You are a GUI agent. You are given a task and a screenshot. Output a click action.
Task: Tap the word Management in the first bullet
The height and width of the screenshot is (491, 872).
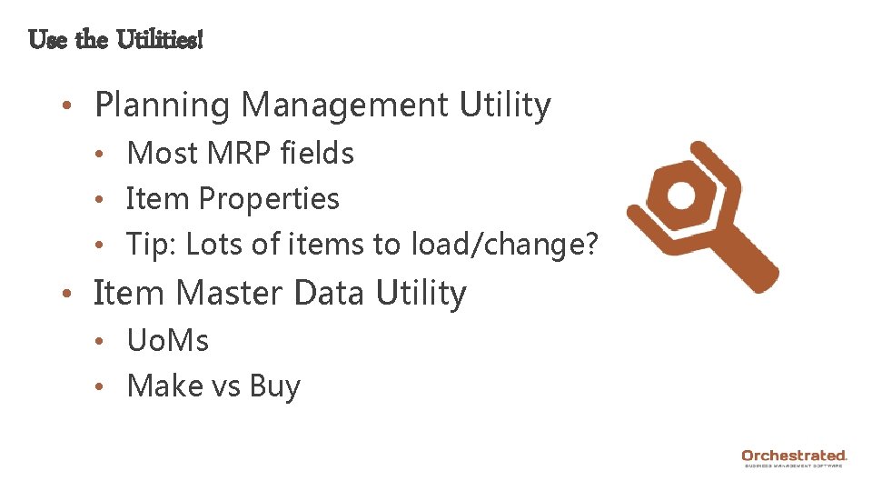pyautogui.click(x=345, y=105)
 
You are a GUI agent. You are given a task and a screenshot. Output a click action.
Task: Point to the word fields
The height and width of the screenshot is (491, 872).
pyautogui.click(x=318, y=153)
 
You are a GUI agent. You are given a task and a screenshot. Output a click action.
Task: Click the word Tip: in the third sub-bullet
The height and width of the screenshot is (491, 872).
pyautogui.click(x=150, y=245)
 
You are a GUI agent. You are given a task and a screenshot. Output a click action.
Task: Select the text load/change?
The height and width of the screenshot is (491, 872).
pyautogui.click(x=505, y=245)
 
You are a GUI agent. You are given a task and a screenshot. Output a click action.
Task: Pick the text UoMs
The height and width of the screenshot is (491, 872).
pyautogui.click(x=168, y=341)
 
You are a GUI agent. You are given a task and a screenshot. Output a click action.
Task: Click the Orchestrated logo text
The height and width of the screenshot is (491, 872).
pyautogui.click(x=793, y=455)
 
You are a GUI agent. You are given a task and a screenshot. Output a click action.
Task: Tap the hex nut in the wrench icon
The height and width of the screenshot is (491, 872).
pyautogui.click(x=677, y=195)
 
